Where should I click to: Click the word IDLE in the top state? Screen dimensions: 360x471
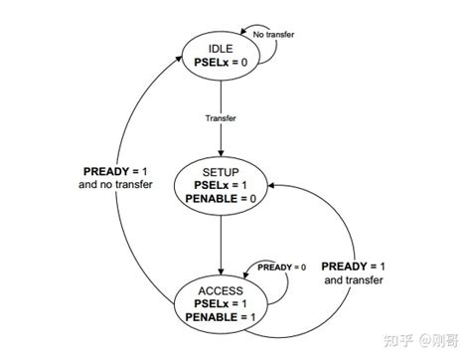pyautogui.click(x=220, y=48)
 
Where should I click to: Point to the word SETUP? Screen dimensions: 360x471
pyautogui.click(x=220, y=171)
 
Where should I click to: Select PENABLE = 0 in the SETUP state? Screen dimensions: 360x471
pyautogui.click(x=220, y=199)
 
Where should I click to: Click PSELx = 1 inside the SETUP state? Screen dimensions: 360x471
pyautogui.click(x=220, y=185)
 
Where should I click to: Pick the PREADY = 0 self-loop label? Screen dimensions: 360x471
pyautogui.click(x=282, y=268)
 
